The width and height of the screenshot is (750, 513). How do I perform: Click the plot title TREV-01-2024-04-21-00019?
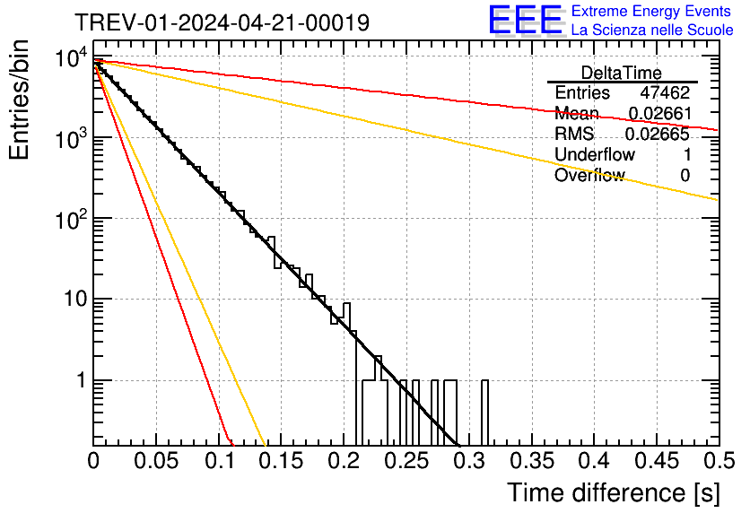coord(222,22)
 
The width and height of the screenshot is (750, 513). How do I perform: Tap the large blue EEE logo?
coord(526,21)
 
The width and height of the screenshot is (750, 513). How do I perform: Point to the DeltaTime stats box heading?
coord(621,73)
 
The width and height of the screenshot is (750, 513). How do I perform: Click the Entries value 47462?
coord(665,93)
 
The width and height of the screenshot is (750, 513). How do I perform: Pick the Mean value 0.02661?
coord(658,114)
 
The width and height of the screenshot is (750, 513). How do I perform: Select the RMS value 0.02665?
coord(658,135)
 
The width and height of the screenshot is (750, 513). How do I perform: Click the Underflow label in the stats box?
coord(594,155)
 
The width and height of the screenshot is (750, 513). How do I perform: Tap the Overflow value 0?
coord(685,176)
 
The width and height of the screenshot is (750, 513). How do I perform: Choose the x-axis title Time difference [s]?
coord(612,492)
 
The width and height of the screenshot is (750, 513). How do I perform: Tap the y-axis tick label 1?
coord(79,380)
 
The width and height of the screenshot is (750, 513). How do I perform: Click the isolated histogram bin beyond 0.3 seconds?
coord(485,413)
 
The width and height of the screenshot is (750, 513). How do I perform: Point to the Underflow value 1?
coord(685,155)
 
